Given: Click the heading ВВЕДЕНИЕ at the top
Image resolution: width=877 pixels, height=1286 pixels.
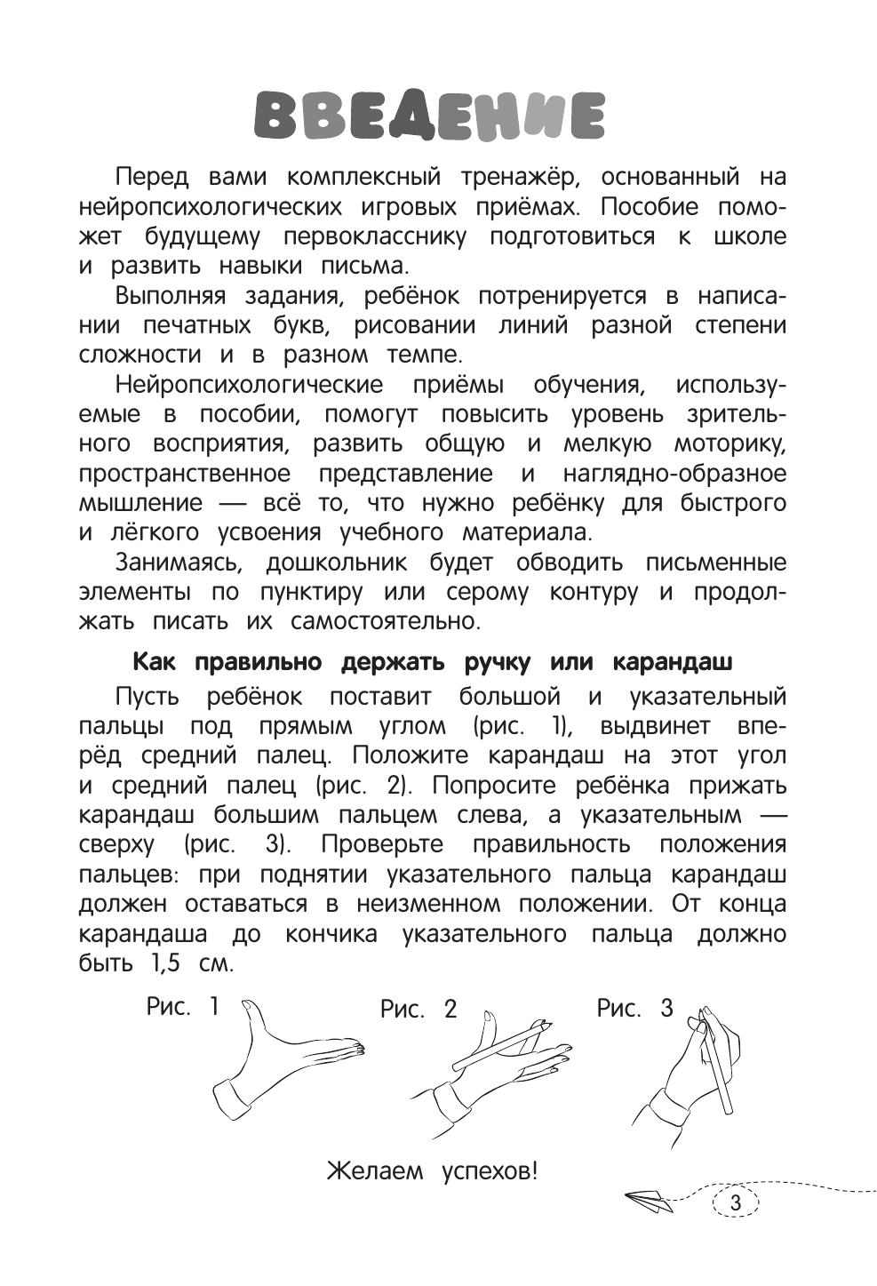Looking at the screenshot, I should [x=430, y=116].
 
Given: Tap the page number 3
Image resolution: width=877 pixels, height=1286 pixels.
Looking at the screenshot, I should [x=735, y=1204].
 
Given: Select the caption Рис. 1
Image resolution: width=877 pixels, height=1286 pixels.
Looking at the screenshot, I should [x=182, y=1007].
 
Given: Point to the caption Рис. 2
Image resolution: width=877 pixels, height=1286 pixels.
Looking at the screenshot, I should [x=418, y=1009].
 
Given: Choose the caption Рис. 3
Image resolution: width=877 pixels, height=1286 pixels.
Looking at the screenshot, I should [x=634, y=1008].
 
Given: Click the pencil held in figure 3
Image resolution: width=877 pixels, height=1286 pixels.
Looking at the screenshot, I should [x=719, y=1066].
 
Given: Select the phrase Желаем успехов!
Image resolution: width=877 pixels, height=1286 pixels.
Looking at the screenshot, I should [x=433, y=1170].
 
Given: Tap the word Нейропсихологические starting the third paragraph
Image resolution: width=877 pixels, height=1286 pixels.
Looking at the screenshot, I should [x=250, y=385].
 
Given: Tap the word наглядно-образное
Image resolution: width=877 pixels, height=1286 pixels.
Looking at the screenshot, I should [x=674, y=474].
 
